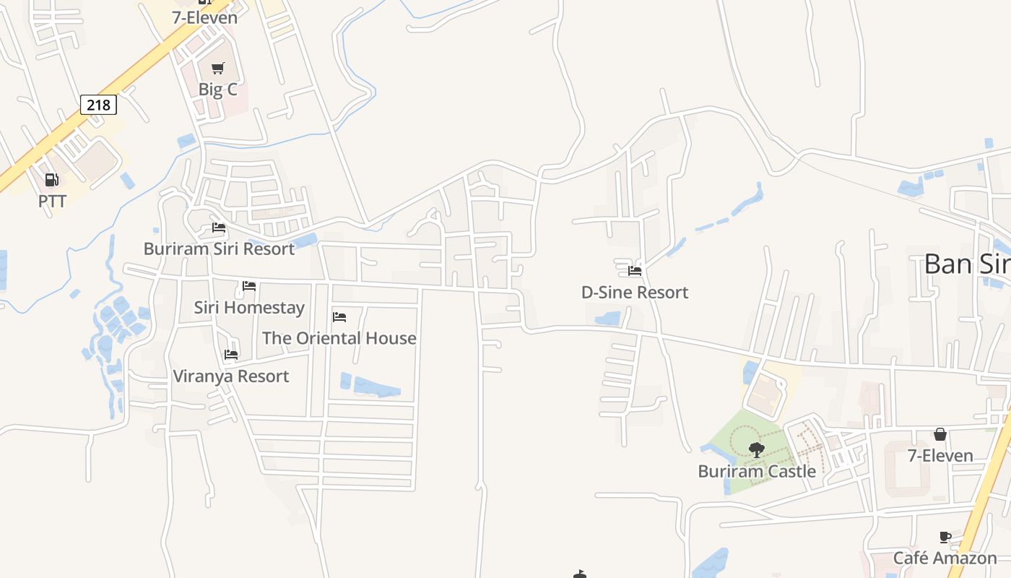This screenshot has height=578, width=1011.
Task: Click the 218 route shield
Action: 98,105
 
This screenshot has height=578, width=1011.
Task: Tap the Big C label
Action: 217,90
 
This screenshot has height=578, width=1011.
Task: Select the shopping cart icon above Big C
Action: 217,69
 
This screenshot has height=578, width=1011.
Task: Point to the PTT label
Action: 52,201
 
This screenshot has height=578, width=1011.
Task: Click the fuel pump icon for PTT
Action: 51,180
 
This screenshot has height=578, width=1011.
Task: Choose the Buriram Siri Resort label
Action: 219,249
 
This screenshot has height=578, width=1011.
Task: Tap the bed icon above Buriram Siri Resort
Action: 219,228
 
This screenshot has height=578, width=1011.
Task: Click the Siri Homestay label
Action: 249,307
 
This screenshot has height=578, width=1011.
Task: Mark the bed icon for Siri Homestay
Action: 249,286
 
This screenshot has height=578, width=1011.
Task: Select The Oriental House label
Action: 339,337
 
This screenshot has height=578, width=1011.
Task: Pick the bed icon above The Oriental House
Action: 339,316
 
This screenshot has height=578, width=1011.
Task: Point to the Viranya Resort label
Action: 231,376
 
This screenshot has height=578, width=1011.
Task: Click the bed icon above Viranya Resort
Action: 231,355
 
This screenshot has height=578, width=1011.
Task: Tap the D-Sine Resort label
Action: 635,292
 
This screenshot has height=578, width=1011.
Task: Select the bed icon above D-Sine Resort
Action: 635,271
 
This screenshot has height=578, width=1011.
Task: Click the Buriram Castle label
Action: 757,471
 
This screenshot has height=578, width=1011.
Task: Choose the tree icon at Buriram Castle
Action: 757,450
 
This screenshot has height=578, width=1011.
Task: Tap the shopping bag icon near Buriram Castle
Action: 940,434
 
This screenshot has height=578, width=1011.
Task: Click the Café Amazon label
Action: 945,558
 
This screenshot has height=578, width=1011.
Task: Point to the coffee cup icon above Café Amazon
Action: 945,537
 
